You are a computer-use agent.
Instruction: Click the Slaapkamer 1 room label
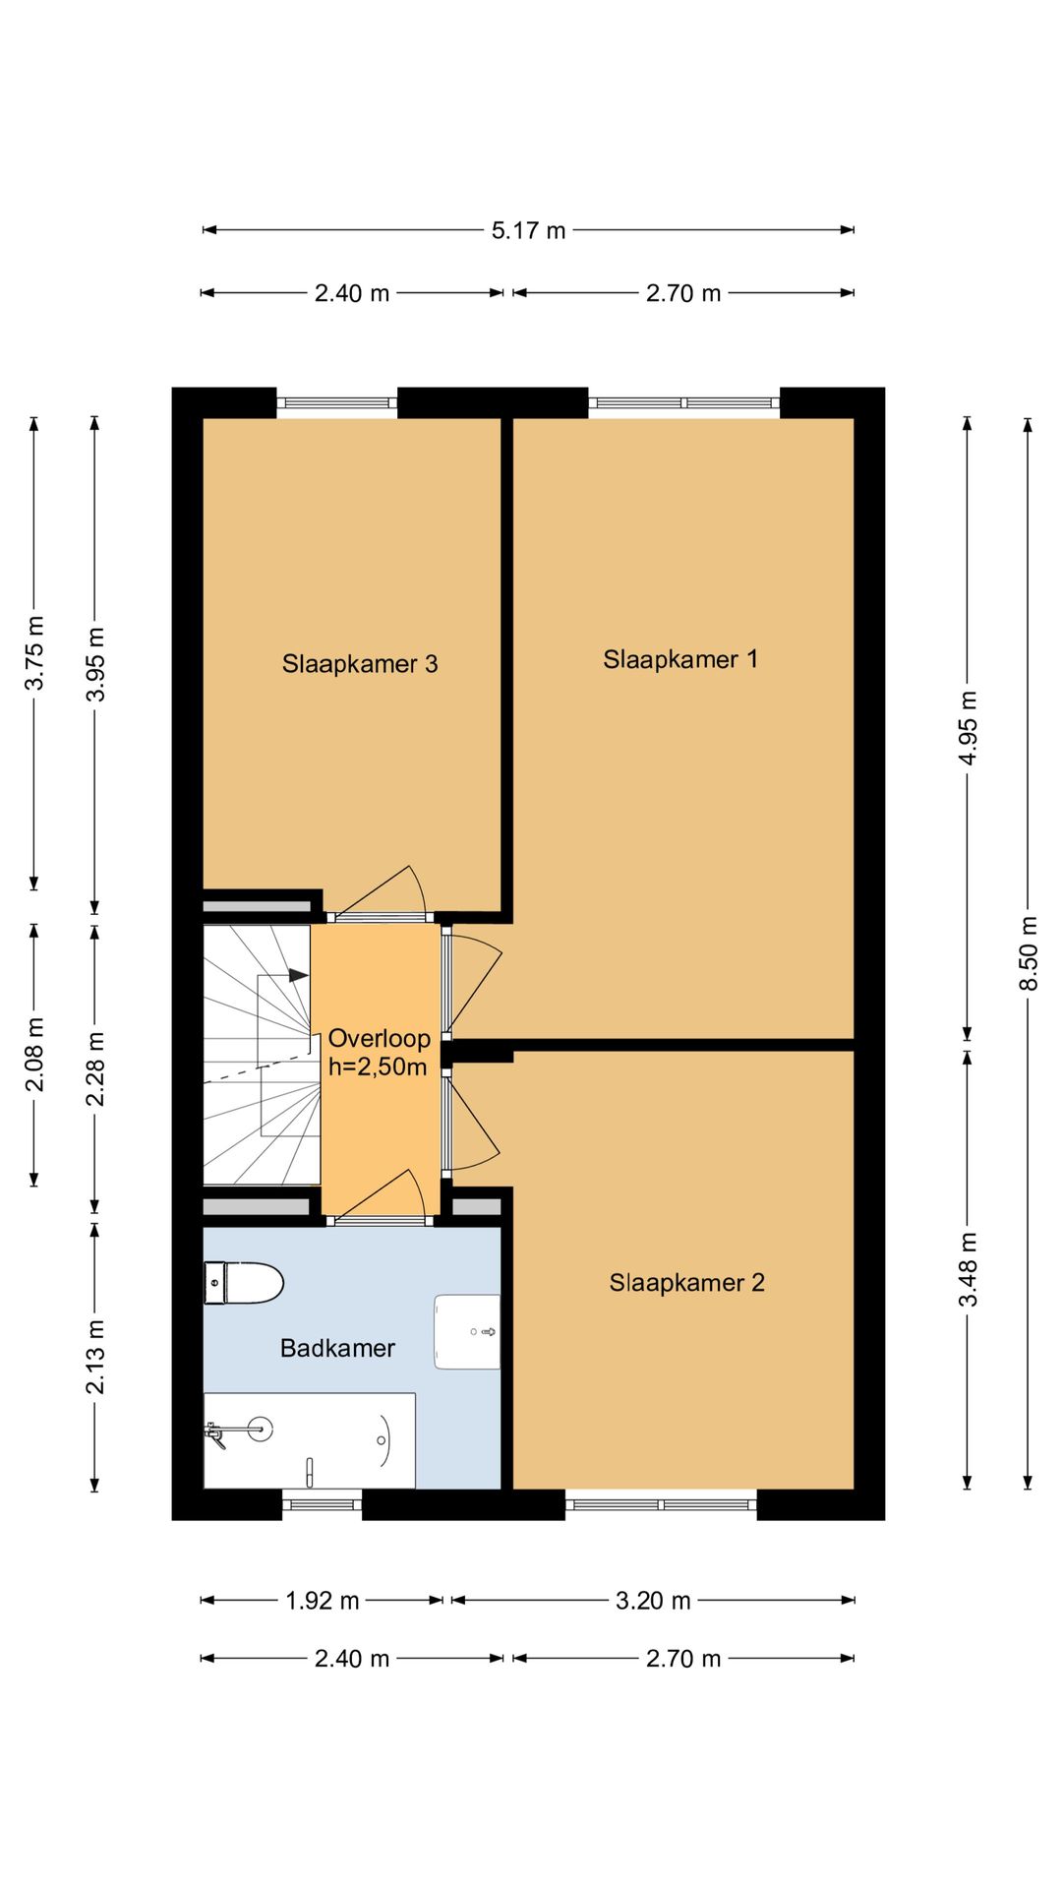pyautogui.click(x=680, y=659)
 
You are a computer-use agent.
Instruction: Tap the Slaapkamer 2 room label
pyautogui.click(x=686, y=1282)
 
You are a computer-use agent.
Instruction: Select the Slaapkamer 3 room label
pyautogui.click(x=359, y=664)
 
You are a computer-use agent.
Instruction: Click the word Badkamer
pyautogui.click(x=337, y=1348)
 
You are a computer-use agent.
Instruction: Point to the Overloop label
pyautogui.click(x=379, y=1038)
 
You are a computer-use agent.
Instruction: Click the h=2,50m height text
pyautogui.click(x=378, y=1067)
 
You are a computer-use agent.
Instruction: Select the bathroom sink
pyautogui.click(x=468, y=1331)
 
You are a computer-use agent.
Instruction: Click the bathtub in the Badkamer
pyautogui.click(x=309, y=1440)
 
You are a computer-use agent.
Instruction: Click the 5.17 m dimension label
pyautogui.click(x=528, y=230)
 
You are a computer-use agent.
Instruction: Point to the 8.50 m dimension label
pyautogui.click(x=1028, y=953)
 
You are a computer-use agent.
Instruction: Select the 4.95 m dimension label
pyautogui.click(x=968, y=728)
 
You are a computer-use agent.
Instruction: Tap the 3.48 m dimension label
pyautogui.click(x=968, y=1269)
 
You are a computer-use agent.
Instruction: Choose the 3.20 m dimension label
pyautogui.click(x=653, y=1601)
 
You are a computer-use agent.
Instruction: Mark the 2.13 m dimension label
pyautogui.click(x=94, y=1357)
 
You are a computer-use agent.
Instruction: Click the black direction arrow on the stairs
pyautogui.click(x=298, y=975)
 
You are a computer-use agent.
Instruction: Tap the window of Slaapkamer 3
pyautogui.click(x=336, y=402)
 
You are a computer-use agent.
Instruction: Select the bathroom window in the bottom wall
pyautogui.click(x=323, y=1504)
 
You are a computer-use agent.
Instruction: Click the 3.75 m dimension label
pyautogui.click(x=34, y=653)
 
